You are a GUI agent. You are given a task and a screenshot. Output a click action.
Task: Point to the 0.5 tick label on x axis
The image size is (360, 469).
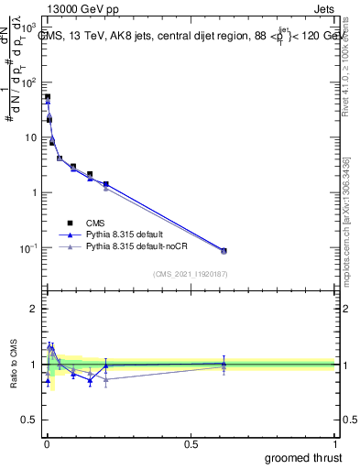(x=191, y=443)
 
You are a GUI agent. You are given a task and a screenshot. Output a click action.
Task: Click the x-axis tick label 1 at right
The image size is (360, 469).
(x=334, y=443)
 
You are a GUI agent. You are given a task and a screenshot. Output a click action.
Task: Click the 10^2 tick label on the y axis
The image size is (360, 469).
(x=27, y=82)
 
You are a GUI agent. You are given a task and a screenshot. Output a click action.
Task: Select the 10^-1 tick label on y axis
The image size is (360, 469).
(x=27, y=248)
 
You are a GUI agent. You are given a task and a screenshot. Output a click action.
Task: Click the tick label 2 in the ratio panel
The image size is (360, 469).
(x=34, y=309)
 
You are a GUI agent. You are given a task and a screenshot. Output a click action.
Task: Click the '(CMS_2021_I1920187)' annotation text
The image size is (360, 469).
(x=191, y=273)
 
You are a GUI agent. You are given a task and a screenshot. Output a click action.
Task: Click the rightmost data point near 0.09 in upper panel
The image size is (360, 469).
(x=224, y=250)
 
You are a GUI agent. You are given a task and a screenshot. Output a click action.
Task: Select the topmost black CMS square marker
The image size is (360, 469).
(x=47, y=97)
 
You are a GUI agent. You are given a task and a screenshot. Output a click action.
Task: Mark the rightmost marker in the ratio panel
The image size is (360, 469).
(x=224, y=364)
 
